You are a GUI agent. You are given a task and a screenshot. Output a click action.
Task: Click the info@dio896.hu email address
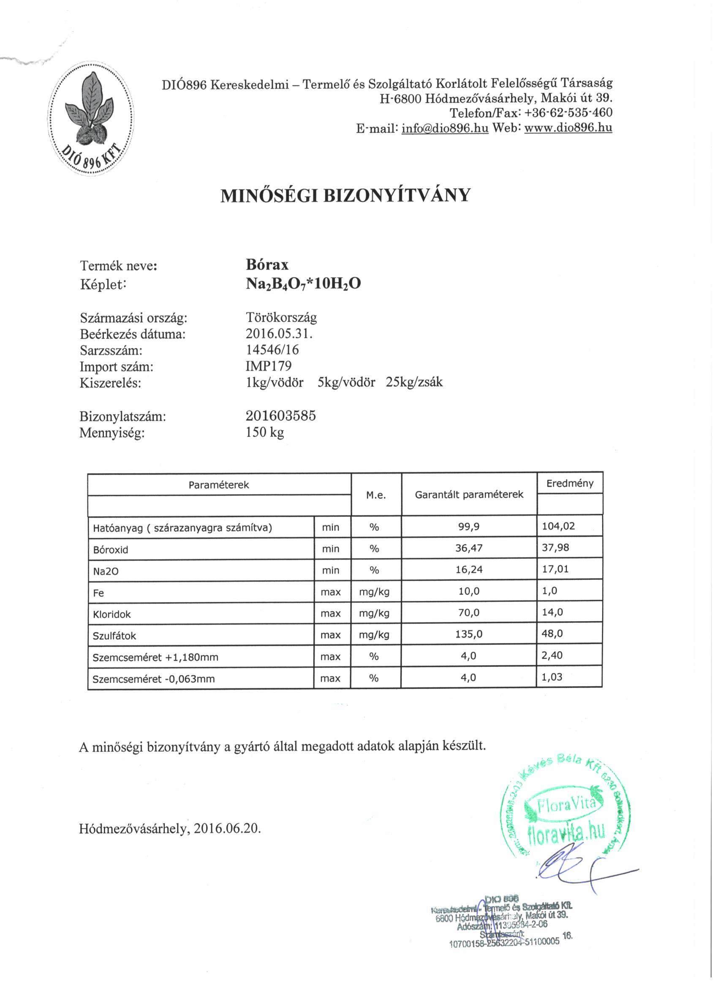445,128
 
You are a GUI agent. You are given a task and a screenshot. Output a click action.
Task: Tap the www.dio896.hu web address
568,128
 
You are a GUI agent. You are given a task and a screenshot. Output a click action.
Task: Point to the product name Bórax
267,265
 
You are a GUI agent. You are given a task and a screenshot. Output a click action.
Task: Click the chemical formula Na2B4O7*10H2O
303,284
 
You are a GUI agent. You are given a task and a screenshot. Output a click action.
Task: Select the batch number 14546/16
272,350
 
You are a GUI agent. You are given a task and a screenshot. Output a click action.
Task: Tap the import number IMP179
268,366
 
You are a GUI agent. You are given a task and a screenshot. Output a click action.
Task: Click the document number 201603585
280,416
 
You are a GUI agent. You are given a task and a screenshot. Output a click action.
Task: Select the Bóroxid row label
111,550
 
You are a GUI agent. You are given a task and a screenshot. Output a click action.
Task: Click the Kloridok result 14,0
552,612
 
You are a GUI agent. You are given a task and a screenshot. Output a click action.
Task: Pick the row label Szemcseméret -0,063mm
154,679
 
